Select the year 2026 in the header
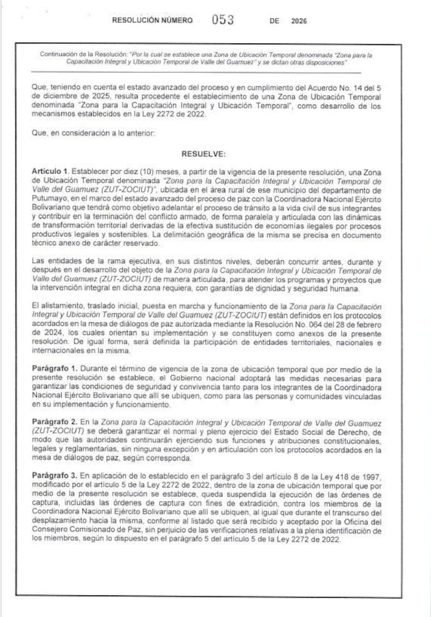tap(298, 21)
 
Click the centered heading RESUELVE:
tap(204, 153)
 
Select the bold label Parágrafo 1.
tap(55, 369)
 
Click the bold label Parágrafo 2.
tap(55, 423)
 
